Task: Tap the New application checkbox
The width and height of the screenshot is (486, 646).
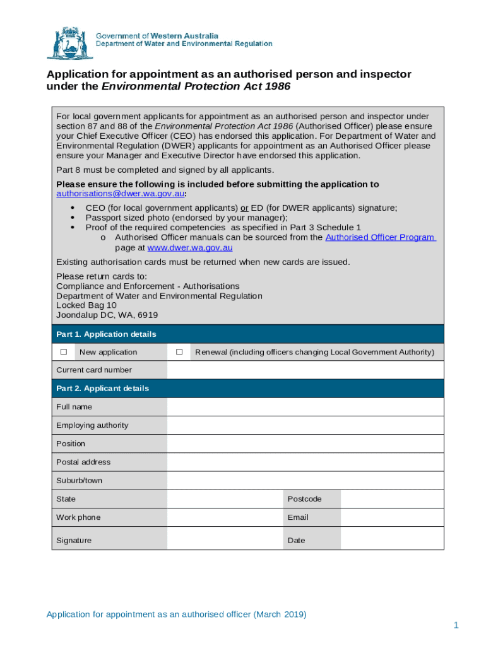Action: (63, 352)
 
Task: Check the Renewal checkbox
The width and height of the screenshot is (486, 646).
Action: (179, 352)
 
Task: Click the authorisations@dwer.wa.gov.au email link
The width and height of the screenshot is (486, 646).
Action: (121, 194)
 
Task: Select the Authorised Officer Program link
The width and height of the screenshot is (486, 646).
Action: (380, 237)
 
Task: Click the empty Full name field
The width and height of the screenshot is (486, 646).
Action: (305, 407)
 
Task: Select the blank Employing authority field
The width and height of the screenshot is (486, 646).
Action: (305, 425)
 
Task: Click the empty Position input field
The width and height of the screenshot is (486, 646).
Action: (305, 443)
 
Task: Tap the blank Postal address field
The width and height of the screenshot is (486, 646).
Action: (305, 462)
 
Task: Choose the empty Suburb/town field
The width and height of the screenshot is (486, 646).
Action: (305, 480)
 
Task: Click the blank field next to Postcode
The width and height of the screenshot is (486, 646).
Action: (391, 499)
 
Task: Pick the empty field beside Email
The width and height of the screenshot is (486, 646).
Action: (391, 517)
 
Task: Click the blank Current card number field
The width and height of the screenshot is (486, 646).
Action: (305, 370)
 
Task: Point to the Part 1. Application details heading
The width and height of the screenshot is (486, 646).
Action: (106, 334)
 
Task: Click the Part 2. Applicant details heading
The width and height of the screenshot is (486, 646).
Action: (102, 389)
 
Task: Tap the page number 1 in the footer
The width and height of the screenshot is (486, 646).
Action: (455, 625)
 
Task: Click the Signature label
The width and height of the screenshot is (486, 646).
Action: (74, 540)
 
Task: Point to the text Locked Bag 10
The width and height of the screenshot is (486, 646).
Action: (86, 305)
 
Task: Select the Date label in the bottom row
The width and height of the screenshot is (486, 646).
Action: (296, 540)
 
